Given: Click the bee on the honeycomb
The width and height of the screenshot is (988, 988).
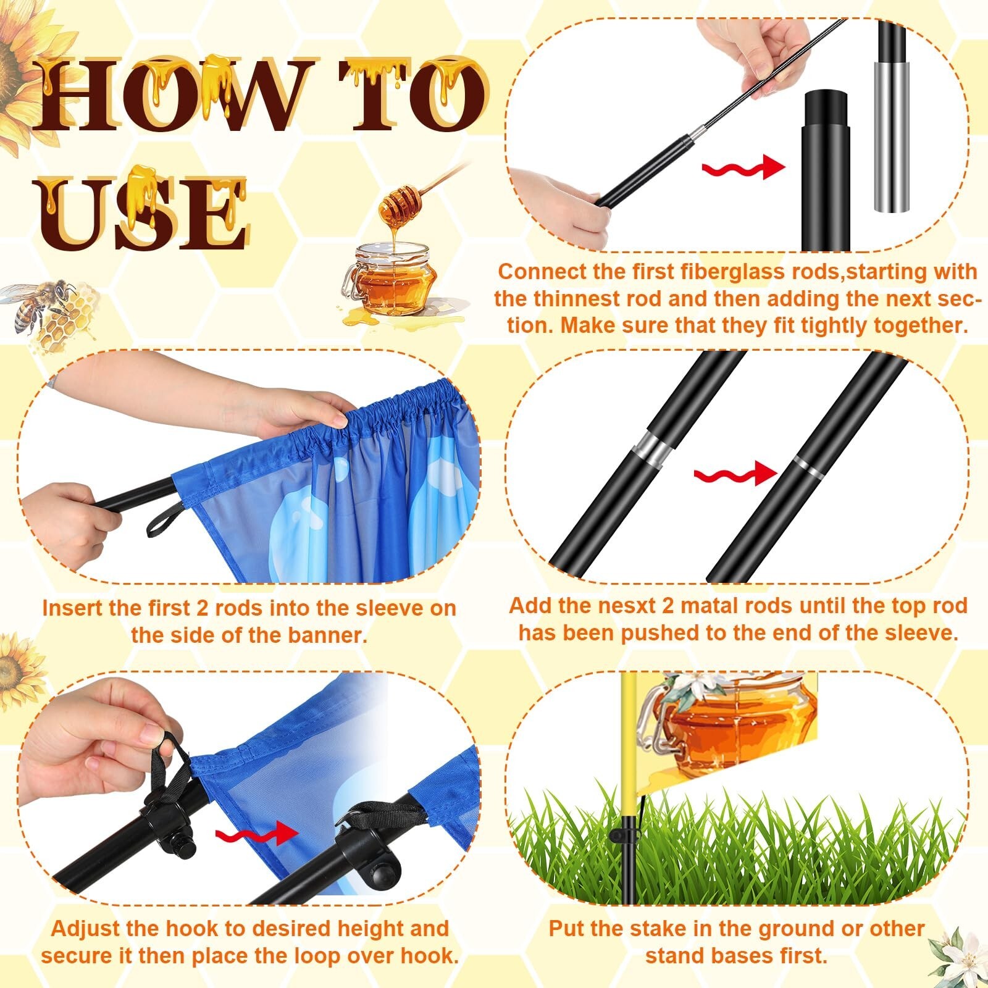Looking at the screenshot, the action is [x=42, y=306].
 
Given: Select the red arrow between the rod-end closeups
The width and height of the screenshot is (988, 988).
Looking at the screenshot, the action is [x=743, y=167].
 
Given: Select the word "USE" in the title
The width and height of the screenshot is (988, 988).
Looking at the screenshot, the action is [x=146, y=210].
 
